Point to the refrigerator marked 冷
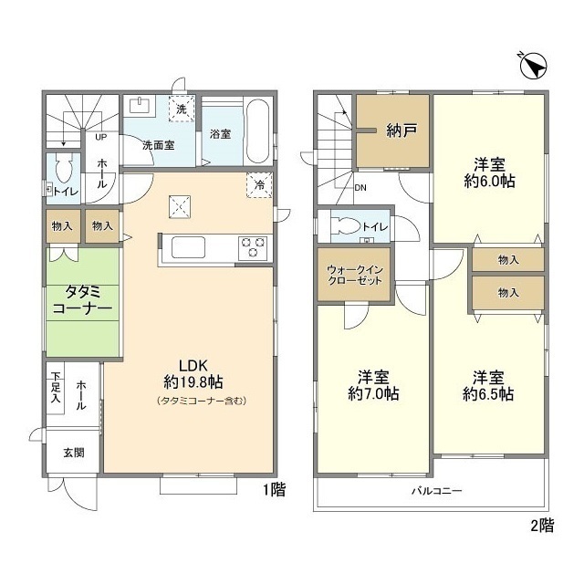[260, 185]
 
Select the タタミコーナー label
[83, 301]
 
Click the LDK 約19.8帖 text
[190, 370]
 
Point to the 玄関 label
[74, 452]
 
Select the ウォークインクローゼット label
[353, 275]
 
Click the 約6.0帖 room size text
[489, 182]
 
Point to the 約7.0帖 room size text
[373, 395]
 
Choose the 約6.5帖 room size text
[488, 395]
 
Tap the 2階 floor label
[542, 525]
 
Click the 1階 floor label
[274, 490]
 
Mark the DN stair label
[360, 189]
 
